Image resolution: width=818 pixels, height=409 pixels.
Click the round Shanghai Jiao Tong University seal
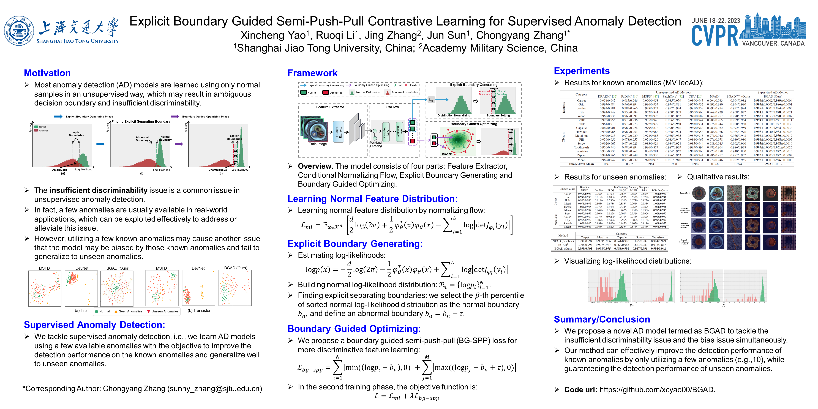[19, 31]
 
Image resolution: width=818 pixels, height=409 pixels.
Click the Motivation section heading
[47, 73]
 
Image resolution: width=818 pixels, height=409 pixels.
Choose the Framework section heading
[312, 73]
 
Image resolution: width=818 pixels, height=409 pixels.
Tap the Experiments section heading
[581, 71]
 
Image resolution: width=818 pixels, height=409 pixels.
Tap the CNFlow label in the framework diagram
[392, 107]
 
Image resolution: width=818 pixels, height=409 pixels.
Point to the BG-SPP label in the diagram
[447, 154]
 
